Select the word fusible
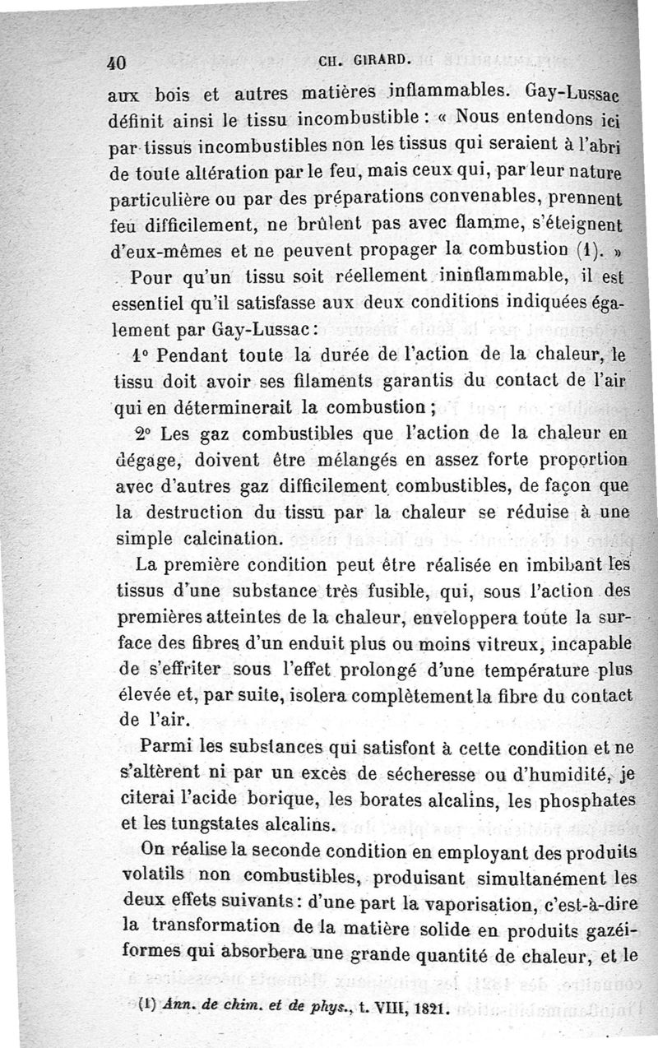pyautogui.click(x=393, y=591)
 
